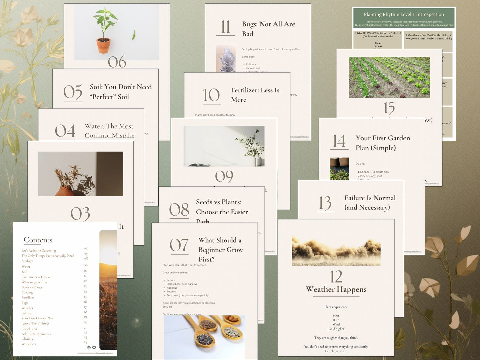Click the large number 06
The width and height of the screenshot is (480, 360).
click(117, 62)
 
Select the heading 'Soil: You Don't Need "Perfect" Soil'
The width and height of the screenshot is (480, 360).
click(121, 92)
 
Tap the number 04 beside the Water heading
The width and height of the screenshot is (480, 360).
click(65, 131)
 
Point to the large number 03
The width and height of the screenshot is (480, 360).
click(80, 214)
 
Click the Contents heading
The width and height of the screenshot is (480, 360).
click(38, 240)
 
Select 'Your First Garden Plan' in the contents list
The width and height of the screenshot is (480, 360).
click(37, 318)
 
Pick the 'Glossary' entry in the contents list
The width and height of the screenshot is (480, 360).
click(27, 339)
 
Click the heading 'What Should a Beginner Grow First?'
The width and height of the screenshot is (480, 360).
click(221, 249)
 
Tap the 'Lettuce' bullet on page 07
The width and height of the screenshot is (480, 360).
click(171, 280)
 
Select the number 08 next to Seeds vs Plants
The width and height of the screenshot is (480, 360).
click(179, 210)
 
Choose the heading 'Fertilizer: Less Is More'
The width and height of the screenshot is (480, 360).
click(255, 95)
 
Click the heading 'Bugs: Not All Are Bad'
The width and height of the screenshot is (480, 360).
click(268, 29)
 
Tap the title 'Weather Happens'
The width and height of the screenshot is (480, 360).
click(336, 289)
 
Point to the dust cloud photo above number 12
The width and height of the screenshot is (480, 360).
click(336, 251)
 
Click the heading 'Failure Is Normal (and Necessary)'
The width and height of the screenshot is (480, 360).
click(370, 202)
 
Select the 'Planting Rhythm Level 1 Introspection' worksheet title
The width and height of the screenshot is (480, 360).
click(404, 14)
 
